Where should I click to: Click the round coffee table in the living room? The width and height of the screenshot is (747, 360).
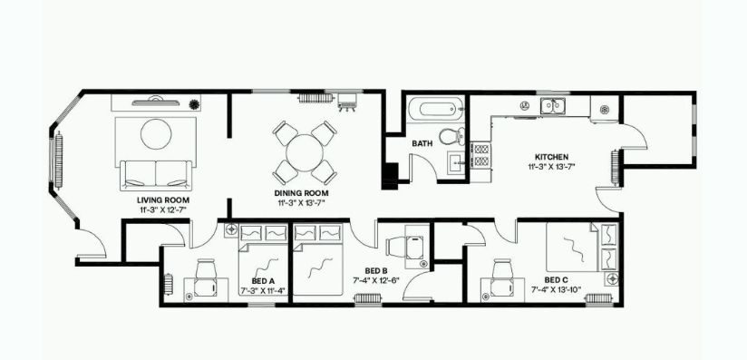pos(155,134)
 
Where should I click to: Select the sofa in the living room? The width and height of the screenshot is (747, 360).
pos(155,173)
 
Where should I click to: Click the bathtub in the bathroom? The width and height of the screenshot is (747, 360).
pos(434,111)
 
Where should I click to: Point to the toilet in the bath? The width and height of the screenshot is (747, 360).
pos(451,138)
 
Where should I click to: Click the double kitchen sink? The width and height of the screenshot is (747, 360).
pos(553,107)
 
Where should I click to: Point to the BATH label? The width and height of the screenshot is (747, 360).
pos(422,143)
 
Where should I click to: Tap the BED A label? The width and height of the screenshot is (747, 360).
pos(263,282)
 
